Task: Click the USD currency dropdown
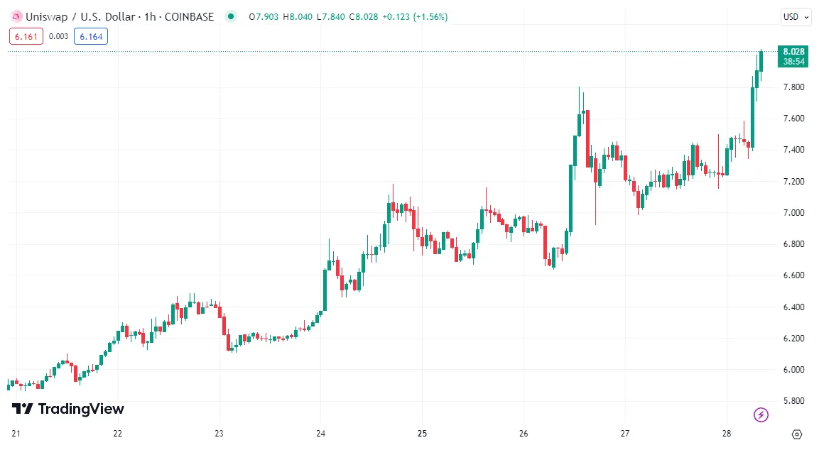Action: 796,17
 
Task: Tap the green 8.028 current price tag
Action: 793,51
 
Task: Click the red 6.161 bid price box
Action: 26,36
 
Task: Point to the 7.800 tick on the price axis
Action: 793,87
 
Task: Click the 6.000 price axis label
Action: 793,370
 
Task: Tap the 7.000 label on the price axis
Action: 793,213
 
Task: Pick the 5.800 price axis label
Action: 793,401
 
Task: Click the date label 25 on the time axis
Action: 422,434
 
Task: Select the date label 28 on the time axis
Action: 727,434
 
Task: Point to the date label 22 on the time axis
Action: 118,434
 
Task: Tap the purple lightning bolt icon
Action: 761,415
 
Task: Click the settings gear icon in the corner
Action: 796,434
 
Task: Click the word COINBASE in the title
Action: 189,17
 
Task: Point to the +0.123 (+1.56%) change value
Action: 415,17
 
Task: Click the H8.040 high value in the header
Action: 297,17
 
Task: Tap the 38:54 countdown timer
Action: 793,62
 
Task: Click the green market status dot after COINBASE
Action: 229,16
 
